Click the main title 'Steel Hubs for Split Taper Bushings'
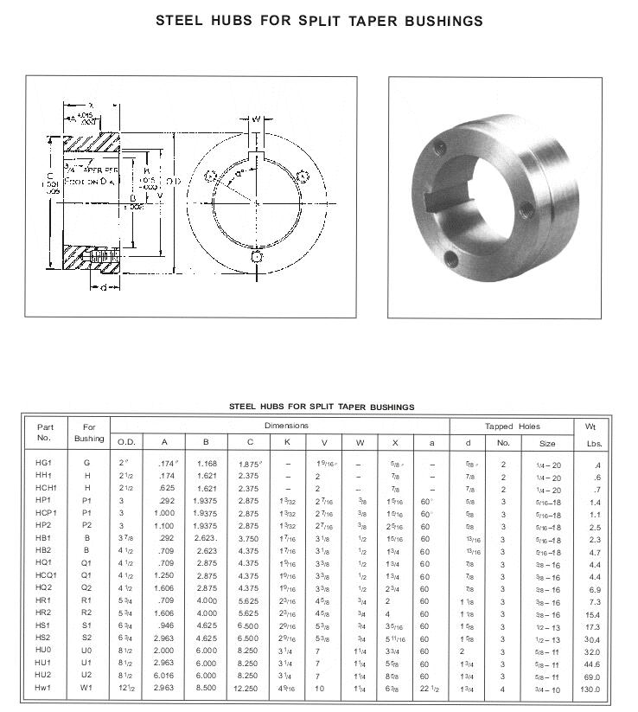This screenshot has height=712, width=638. click(x=319, y=20)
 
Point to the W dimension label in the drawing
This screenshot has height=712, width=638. click(x=257, y=119)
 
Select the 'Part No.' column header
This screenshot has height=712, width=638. click(x=45, y=433)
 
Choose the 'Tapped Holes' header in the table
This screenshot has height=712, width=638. click(x=512, y=427)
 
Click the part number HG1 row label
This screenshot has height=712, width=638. click(x=44, y=464)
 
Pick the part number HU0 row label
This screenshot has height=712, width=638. click(x=44, y=651)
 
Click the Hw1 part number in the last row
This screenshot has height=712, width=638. click(x=44, y=690)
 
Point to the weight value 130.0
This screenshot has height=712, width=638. click(x=590, y=690)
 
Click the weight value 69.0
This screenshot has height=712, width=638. click(x=591, y=677)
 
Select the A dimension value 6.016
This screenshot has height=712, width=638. click(x=164, y=677)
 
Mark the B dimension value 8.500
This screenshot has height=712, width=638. click(x=206, y=690)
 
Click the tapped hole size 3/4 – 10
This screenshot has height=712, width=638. click(x=548, y=690)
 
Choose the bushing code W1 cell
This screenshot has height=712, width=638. click(x=86, y=690)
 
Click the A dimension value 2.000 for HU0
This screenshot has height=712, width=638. click(x=164, y=651)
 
